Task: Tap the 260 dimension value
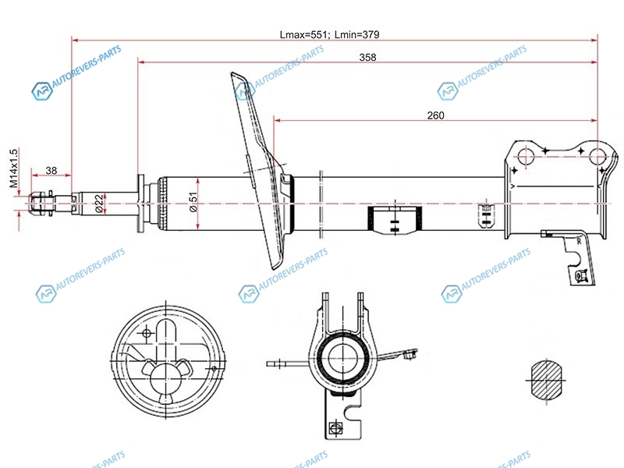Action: click(435, 115)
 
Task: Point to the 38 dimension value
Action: click(51, 171)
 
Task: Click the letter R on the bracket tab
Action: click(578, 243)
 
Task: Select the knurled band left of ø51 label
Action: click(164, 204)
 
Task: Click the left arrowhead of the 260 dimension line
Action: click(277, 121)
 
